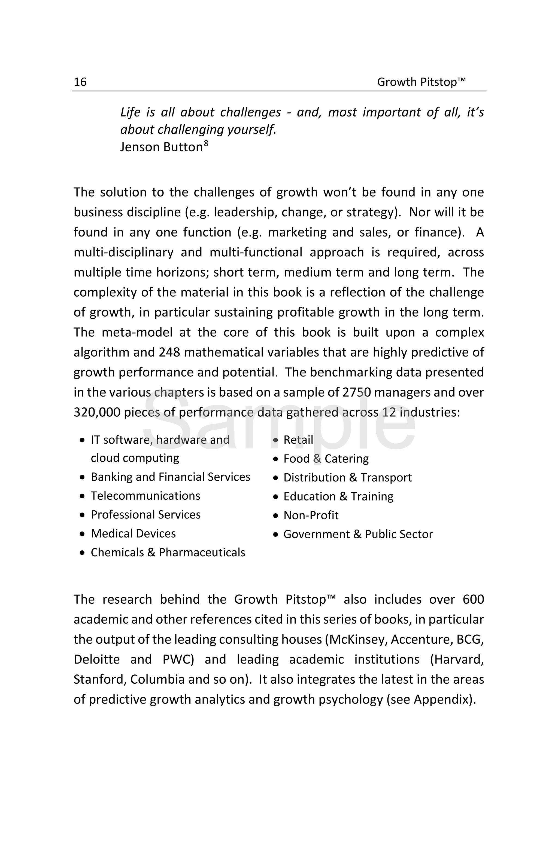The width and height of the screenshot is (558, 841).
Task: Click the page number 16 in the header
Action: [x=80, y=82]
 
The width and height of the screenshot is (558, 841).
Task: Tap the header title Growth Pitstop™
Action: [x=421, y=82]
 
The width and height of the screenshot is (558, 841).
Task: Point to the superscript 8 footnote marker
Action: [x=206, y=143]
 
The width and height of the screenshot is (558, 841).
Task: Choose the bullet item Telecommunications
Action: [x=145, y=496]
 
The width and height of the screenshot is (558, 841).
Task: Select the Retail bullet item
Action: [x=298, y=440]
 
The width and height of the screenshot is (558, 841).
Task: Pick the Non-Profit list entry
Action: [x=311, y=515]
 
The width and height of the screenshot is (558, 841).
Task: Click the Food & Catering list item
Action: [x=326, y=459]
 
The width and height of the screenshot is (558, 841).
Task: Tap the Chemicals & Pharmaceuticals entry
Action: [x=168, y=553]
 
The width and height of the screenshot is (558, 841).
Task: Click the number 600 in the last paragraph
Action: [x=473, y=600]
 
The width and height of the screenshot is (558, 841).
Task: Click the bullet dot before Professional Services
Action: [x=83, y=515]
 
